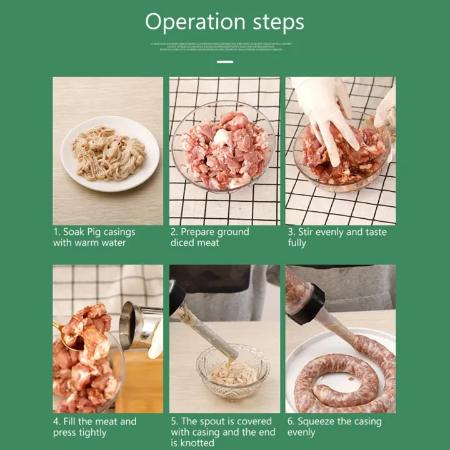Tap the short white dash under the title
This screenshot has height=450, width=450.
tap(225, 62)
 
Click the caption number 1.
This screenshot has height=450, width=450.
tap(56, 232)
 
